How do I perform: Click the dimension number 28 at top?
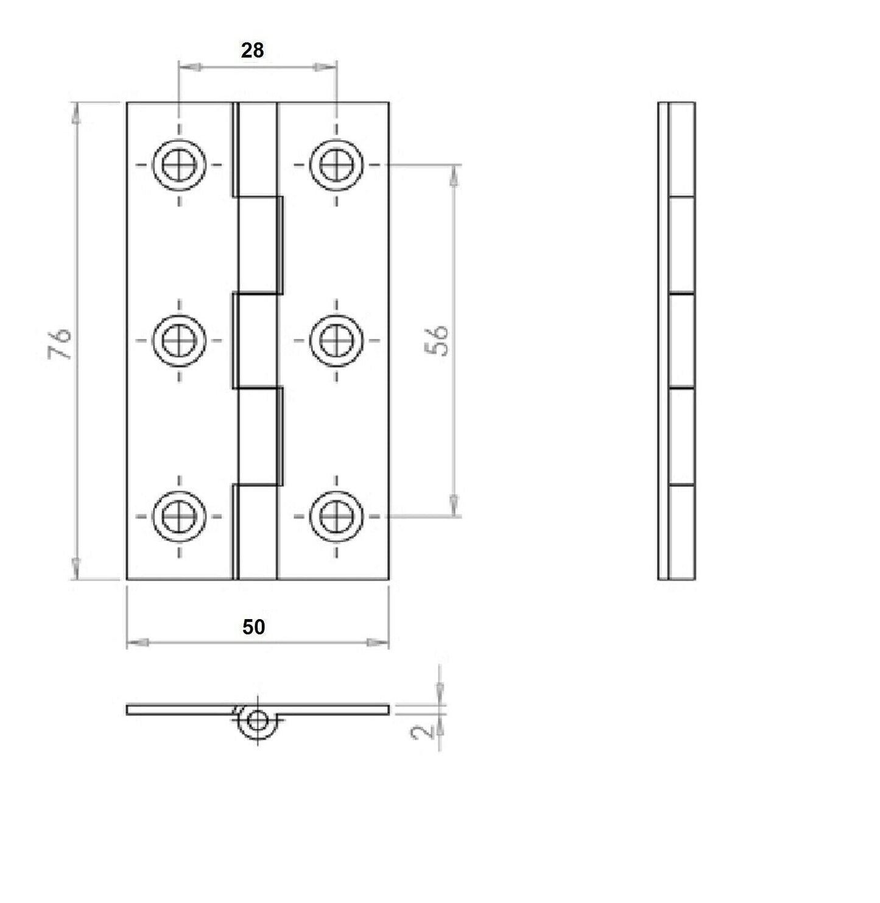[x=252, y=51]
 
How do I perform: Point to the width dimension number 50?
[x=253, y=627]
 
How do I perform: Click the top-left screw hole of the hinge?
[x=179, y=165]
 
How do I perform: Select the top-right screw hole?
[x=335, y=165]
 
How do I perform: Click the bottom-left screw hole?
[x=179, y=515]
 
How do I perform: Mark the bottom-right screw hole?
[x=335, y=515]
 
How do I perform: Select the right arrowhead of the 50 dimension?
[x=378, y=642]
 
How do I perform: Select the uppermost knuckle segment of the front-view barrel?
[x=256, y=149]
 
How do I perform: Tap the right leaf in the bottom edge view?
[x=335, y=709]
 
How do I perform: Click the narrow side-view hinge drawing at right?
[x=676, y=341]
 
